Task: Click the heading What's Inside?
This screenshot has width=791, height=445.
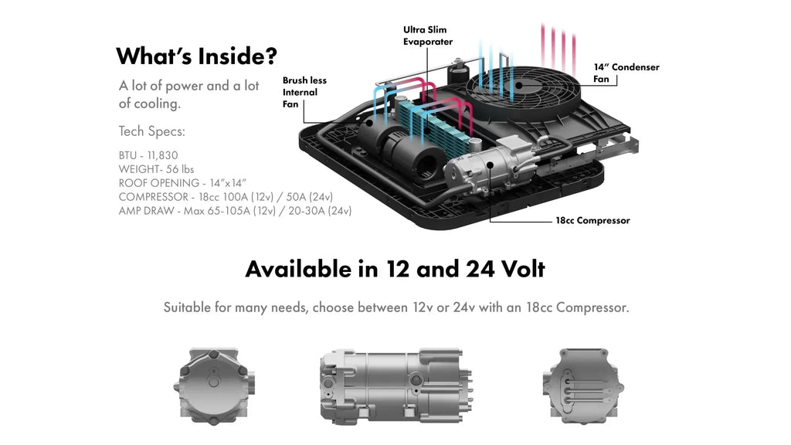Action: point(196,56)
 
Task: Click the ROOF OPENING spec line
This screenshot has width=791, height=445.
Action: point(182,182)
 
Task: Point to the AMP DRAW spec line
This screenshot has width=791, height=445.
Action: point(235,210)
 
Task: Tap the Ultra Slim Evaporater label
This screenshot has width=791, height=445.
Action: point(428,36)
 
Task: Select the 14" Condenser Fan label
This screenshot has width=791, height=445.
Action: point(626,73)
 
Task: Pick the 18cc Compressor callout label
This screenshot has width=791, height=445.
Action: point(592,220)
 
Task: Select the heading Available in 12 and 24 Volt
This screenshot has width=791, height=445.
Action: point(395,269)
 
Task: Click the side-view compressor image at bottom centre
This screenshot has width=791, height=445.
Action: point(395,383)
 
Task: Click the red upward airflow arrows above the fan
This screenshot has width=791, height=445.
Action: point(559,46)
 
